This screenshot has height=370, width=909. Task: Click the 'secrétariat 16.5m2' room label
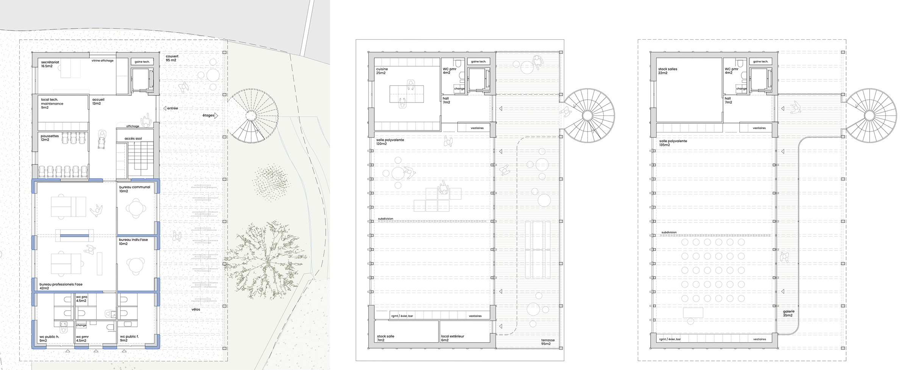[50, 64]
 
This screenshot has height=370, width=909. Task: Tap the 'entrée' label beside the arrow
[172, 108]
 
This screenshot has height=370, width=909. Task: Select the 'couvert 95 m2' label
[172, 58]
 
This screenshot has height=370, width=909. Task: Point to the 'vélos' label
[196, 309]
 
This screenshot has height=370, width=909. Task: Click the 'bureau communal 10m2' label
[134, 189]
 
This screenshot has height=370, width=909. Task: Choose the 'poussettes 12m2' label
[50, 138]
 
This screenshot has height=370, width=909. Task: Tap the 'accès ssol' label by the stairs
[133, 138]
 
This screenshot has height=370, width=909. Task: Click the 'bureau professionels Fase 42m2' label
[61, 286]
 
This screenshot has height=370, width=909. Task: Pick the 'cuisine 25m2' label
[382, 71]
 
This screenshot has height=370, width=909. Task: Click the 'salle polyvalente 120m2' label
[390, 142]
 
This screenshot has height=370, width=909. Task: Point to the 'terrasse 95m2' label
[548, 342]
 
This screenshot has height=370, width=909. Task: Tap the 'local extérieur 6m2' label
[452, 338]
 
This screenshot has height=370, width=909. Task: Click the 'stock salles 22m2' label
[667, 71]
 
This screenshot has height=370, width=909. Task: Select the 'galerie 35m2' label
[789, 313]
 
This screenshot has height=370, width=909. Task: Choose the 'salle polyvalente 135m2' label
[673, 143]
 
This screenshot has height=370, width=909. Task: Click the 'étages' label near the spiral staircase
[208, 115]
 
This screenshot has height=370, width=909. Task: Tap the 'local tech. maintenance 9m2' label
[52, 104]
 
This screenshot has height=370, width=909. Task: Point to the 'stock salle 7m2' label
[386, 338]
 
